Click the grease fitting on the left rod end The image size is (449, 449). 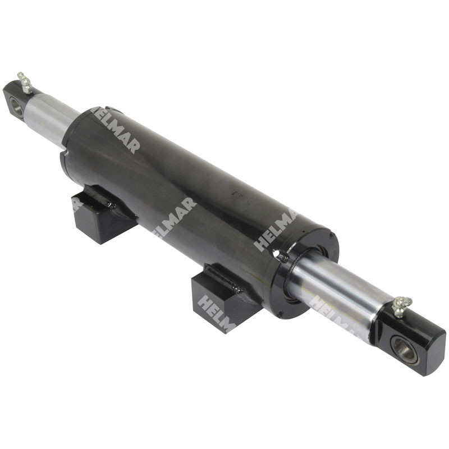[x=24, y=83]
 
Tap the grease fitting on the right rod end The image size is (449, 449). [x=401, y=305]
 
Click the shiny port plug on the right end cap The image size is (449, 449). [x=281, y=256]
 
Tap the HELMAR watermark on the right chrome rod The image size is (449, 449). [x=331, y=314]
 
